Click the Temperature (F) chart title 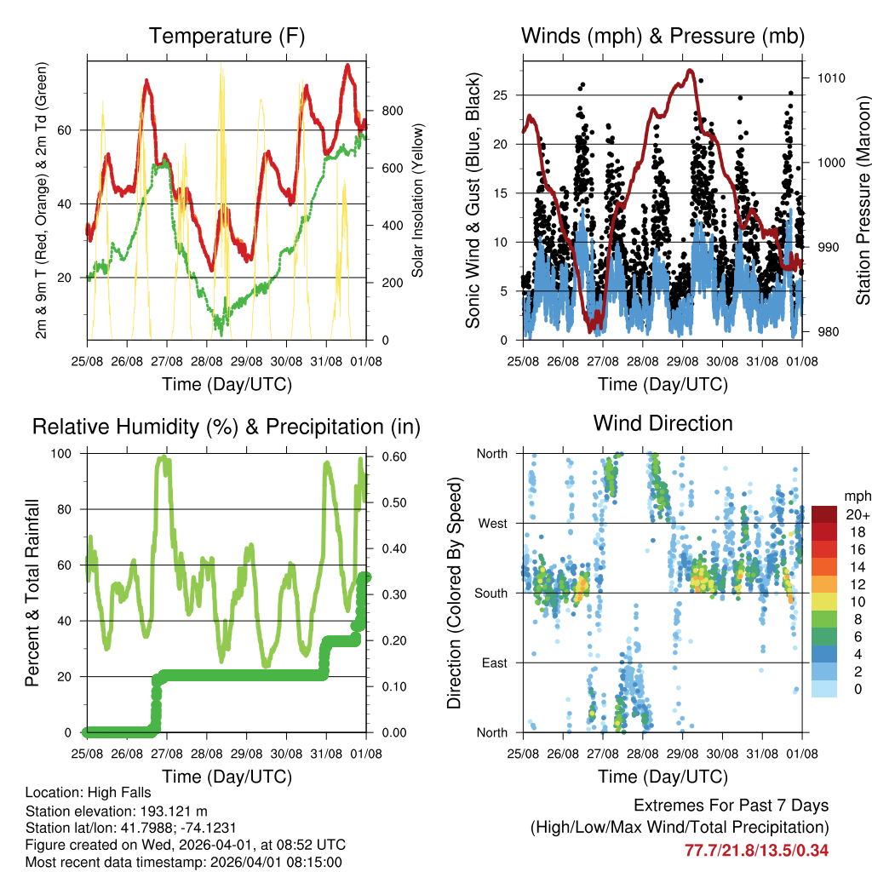[227, 36]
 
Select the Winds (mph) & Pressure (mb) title [663, 36]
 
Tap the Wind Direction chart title [663, 423]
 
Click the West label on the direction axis [491, 523]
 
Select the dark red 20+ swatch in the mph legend [824, 514]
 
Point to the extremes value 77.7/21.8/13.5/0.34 [756, 850]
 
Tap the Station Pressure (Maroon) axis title [863, 199]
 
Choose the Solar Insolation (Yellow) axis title [418, 199]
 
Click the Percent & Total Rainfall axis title [32, 593]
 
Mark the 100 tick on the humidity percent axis [63, 454]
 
